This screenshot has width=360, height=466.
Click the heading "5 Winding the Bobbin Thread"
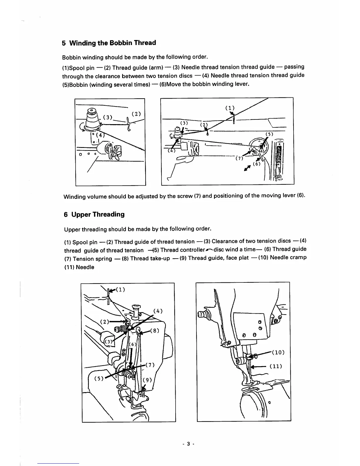tap(109, 43)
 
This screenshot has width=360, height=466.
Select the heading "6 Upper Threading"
tap(94, 214)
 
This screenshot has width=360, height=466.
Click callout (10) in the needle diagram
tap(278, 352)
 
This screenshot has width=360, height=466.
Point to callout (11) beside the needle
tap(276, 366)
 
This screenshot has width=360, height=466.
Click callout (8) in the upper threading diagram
tap(154, 330)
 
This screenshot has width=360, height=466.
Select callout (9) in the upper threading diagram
tap(147, 380)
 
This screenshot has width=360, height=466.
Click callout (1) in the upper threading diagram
tap(121, 289)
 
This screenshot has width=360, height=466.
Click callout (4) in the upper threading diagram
tap(158, 311)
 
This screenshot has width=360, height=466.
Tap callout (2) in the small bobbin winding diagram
tap(136, 114)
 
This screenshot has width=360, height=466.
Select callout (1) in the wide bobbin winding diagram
tap(230, 108)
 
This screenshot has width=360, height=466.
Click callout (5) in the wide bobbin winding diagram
tap(269, 134)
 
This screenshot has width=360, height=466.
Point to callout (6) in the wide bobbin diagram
tap(257, 164)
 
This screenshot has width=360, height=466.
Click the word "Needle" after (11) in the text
tap(85, 267)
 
